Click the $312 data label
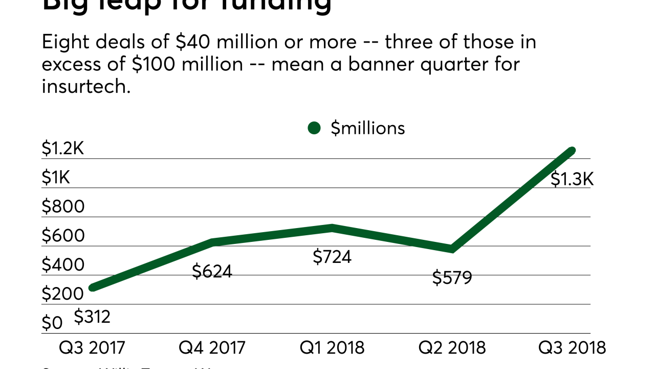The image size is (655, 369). [x=92, y=317]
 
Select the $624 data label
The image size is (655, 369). [x=212, y=271]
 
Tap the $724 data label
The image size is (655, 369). [x=332, y=256]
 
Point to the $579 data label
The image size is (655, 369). [x=452, y=277]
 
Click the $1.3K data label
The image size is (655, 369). [x=572, y=179]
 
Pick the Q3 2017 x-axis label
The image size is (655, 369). [x=92, y=347]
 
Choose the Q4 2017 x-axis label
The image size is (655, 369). [x=212, y=347]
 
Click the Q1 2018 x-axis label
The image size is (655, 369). [x=332, y=347]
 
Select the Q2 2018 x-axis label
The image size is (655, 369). [x=452, y=347]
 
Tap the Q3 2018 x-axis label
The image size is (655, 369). [x=572, y=347]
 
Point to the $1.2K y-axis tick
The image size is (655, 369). [x=62, y=149]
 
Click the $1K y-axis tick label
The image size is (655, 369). [x=56, y=178]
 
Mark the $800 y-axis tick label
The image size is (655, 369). [x=62, y=207]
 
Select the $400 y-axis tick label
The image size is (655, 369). [x=62, y=265]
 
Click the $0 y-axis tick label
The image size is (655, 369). [x=52, y=323]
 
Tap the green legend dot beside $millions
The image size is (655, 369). [x=314, y=128]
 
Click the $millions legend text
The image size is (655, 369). [x=367, y=128]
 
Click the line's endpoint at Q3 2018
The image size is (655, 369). [x=572, y=151]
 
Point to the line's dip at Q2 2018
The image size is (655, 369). [x=451, y=249]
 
